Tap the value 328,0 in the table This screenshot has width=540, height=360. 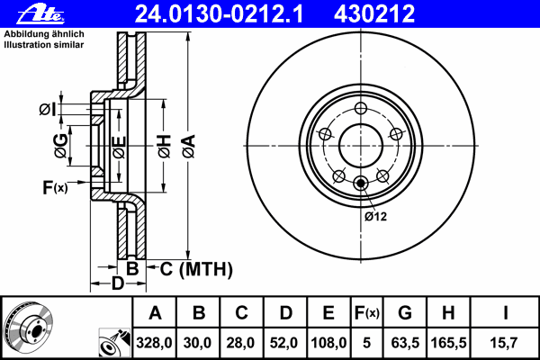coord(155,342)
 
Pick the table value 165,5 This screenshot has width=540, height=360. coord(448,342)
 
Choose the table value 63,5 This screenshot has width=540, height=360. coord(404,342)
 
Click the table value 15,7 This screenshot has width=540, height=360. coord(506,342)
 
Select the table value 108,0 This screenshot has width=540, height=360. coord(328,342)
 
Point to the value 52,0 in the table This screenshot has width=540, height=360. coord(285,342)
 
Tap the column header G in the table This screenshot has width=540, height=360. coord(404,313)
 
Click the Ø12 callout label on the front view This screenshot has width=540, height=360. coord(375,216)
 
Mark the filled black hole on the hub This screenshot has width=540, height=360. coord(362,184)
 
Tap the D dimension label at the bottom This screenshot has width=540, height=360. coord(116,284)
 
